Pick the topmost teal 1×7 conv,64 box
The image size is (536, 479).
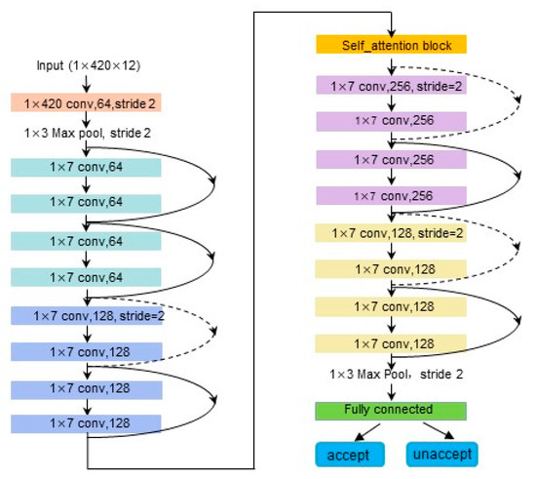tap(87, 167)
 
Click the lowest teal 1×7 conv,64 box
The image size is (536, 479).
tap(87, 277)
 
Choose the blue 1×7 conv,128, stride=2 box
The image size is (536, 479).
tap(87, 315)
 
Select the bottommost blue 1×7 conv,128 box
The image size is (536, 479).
tap(87, 423)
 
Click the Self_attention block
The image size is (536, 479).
tap(391, 46)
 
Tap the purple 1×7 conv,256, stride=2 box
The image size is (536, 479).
tap(391, 86)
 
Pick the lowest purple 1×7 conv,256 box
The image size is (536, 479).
tap(391, 195)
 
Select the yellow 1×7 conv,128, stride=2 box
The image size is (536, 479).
tap(391, 232)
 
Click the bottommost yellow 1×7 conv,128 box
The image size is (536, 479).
tap(391, 342)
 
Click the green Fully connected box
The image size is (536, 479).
tap(391, 409)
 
